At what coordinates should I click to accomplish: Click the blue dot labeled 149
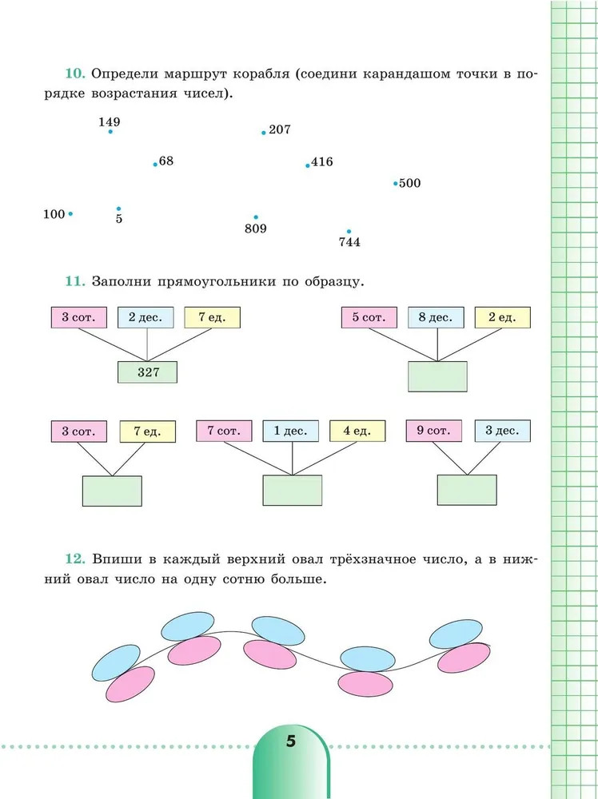point(110,132)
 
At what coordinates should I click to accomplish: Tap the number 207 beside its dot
point(280,129)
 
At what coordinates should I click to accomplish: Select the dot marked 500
point(395,184)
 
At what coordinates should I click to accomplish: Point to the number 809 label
point(256,229)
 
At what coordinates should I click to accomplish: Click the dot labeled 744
point(349,232)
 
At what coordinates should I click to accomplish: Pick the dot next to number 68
point(155,165)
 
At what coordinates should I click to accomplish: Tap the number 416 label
point(322,162)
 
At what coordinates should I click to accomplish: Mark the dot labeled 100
point(70,214)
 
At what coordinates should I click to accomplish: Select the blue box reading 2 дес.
point(146,317)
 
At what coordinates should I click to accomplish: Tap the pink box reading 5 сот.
point(369,317)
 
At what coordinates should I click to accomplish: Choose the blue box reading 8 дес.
point(436,317)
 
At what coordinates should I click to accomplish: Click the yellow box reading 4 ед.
point(357,431)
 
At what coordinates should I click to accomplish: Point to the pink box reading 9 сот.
point(433,431)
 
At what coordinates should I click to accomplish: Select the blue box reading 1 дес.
point(290,431)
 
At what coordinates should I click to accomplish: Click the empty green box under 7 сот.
point(293,491)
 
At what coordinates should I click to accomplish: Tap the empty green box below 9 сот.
point(467,491)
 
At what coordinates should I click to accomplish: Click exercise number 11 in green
point(74,282)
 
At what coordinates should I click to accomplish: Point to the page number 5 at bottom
point(290,741)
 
